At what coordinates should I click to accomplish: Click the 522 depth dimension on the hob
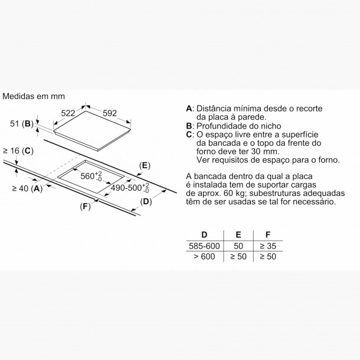point(68,113)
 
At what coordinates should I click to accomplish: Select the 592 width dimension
point(110,113)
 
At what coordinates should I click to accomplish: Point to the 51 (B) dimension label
point(22,124)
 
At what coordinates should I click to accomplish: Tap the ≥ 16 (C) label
point(18,151)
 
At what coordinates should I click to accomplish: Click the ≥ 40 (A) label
point(27,188)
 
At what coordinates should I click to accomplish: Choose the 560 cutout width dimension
point(91,176)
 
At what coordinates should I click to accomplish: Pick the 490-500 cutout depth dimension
point(130,188)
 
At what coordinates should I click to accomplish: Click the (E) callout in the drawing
point(145,165)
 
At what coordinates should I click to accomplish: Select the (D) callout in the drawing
point(146,202)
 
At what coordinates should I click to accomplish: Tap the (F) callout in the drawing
point(85,207)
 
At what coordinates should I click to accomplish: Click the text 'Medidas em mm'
point(34,96)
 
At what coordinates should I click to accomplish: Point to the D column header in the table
point(204,235)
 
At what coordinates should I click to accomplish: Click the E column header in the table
point(238,235)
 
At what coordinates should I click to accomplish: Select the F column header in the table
point(268,235)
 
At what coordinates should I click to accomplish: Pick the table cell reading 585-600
point(204,246)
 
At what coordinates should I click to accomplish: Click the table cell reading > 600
point(204,257)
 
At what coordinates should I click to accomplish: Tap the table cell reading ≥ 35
point(268,246)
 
